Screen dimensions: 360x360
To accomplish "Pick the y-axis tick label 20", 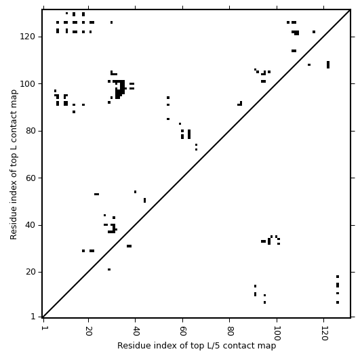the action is [31, 272].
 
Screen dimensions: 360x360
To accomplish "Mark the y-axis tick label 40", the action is [31, 225].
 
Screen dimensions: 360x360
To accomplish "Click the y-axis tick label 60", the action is [31, 178].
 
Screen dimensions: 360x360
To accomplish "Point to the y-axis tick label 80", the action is [31, 131].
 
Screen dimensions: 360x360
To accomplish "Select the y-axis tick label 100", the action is [28, 84].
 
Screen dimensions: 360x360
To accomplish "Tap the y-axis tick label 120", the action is [28, 37].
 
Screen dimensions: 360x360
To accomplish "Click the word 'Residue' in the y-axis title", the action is [14, 223].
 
